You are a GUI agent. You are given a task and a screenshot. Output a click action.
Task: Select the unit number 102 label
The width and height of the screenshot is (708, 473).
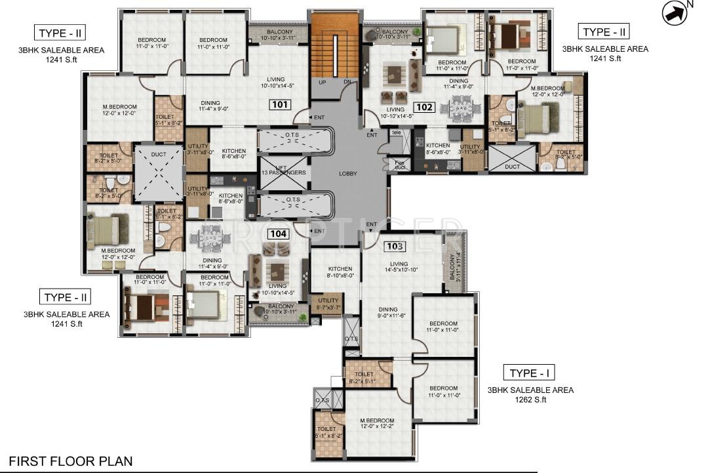[x=425, y=106]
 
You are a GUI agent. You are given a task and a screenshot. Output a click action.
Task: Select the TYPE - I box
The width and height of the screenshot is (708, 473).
[x=529, y=373]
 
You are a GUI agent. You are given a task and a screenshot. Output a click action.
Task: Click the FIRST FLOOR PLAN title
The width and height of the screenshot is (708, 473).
[x=70, y=461]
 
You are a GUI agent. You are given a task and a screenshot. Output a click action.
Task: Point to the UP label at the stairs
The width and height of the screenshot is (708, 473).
[x=322, y=83]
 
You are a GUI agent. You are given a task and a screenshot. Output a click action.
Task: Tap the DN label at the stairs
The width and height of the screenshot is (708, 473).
[x=347, y=83]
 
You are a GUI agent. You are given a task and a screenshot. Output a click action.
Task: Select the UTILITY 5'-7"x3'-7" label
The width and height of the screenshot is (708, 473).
[x=328, y=304]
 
